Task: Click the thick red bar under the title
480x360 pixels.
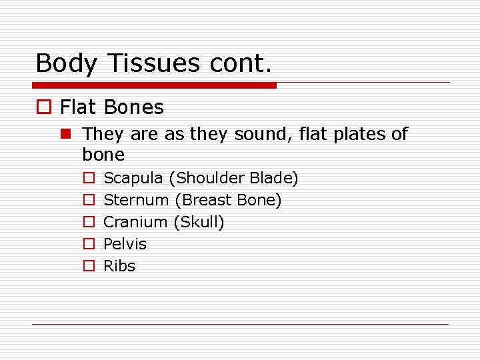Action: pyautogui.click(x=154, y=85)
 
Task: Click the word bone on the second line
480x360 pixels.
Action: pyautogui.click(x=103, y=155)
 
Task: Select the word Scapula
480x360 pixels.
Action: pyautogui.click(x=133, y=179)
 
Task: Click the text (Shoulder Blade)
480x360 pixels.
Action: pyautogui.click(x=233, y=178)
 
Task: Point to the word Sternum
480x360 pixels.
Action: pyautogui.click(x=137, y=200)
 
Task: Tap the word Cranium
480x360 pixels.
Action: pyautogui.click(x=135, y=222)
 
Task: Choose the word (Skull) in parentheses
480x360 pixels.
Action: pyautogui.click(x=199, y=222)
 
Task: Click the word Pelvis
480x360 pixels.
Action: pyautogui.click(x=125, y=244)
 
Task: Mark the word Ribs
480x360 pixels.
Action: pyautogui.click(x=119, y=266)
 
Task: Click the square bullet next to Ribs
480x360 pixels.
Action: pyautogui.click(x=88, y=266)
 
